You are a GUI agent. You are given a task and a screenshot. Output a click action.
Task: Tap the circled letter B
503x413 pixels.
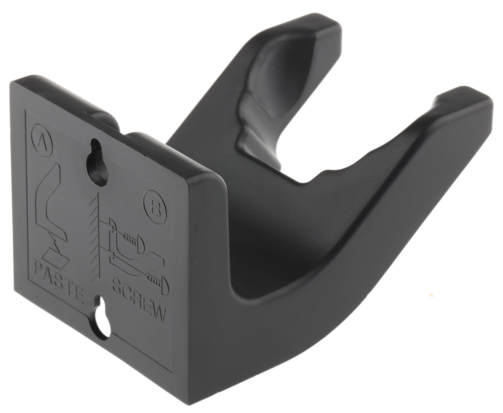[155, 207]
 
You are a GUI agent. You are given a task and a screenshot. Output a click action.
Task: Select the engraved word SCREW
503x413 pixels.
[139, 301]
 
